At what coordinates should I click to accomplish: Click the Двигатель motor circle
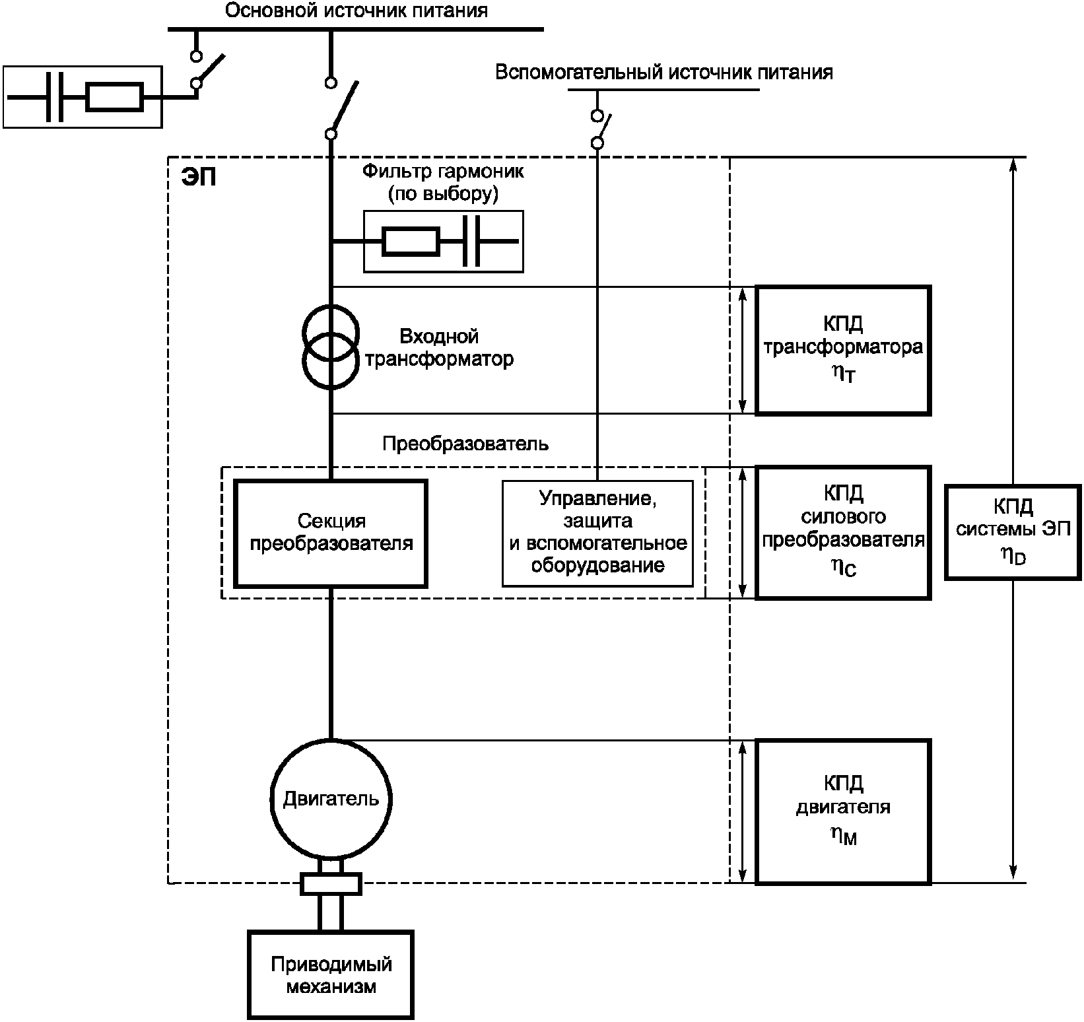331,799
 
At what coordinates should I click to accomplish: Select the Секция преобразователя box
331,533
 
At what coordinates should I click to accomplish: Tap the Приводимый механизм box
331,974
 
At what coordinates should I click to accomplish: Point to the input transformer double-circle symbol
331,347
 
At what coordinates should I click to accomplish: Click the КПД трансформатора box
843,350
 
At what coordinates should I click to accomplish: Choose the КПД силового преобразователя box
843,532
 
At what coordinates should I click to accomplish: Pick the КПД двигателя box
843,811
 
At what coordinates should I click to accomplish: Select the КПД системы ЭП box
1013,532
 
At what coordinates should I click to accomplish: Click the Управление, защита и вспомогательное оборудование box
597,533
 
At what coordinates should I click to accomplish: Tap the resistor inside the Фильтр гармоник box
411,242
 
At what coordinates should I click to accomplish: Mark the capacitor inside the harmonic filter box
471,242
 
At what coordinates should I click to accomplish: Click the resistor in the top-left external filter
115,97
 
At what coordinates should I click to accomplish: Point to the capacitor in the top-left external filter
55,97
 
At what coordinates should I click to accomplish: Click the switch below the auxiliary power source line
599,129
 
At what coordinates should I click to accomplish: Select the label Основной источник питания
356,11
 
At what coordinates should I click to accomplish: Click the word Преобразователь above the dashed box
465,444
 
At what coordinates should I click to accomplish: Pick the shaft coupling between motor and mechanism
331,883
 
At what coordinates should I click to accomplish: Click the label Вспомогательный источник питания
663,72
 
